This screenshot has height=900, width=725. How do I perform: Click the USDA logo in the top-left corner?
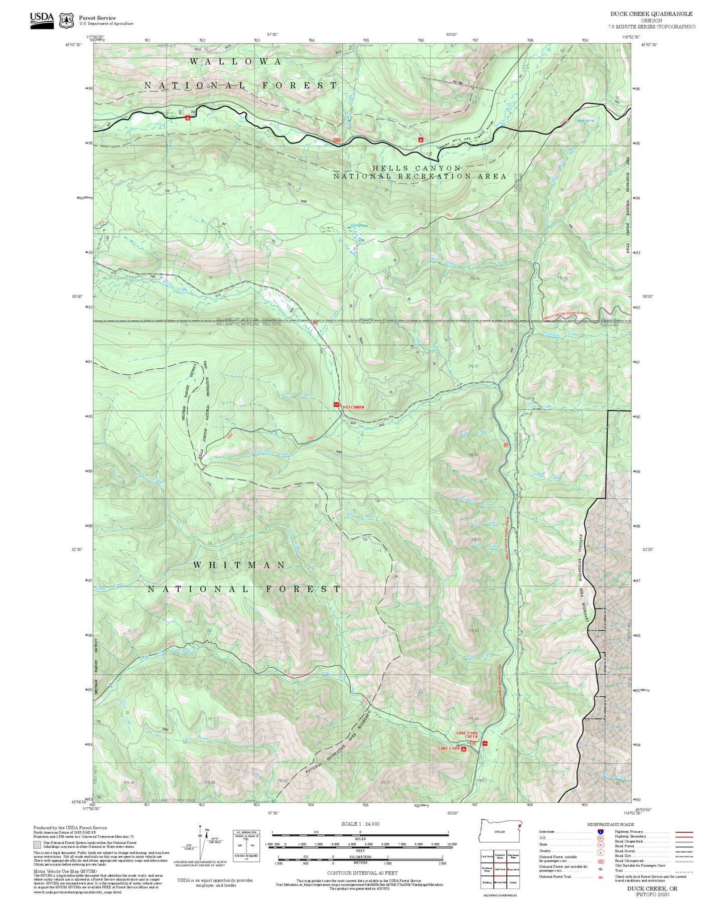42,20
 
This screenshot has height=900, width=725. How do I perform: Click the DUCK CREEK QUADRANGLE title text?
651,14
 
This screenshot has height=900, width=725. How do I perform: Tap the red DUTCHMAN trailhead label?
353,407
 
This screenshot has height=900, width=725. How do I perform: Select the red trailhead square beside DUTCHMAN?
337,405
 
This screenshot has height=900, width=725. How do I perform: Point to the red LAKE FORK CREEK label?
467,735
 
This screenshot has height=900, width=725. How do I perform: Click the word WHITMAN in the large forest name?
239,565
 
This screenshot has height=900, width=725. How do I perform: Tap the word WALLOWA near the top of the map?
236,61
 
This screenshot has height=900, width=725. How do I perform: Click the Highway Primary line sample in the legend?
684,832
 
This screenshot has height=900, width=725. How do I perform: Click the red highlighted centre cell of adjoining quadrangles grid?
500,869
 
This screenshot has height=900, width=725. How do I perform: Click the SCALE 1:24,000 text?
360,824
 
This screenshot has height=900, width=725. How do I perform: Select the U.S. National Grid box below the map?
246,846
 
